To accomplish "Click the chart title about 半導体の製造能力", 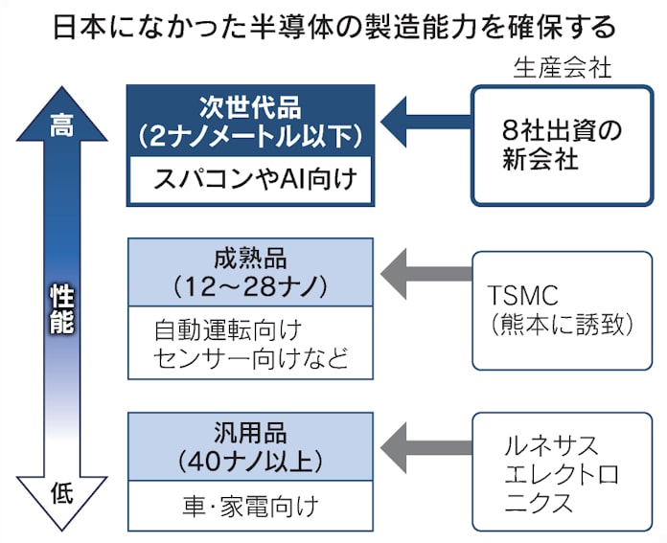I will pos(333,26).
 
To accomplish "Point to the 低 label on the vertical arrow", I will pos(60,492).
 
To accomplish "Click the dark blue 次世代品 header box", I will pos(250,120).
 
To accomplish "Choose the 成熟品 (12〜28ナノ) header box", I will pos(250,271).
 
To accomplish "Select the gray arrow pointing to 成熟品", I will pos(422,271).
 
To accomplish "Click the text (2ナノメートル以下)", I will pos(250,135).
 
